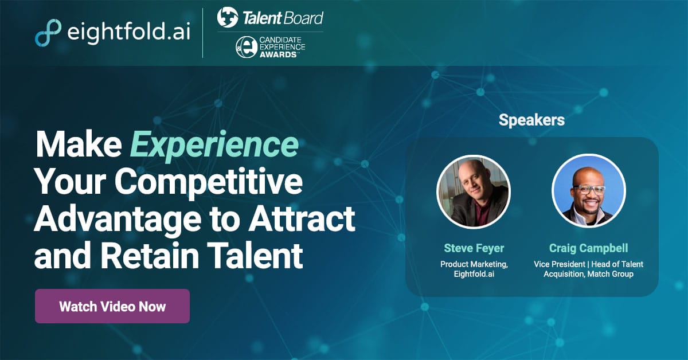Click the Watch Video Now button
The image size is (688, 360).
pos(112,306)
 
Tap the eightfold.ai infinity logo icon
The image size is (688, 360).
pos(48,33)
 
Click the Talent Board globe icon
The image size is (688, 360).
pos(228,17)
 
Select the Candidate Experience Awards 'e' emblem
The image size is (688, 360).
pos(247,47)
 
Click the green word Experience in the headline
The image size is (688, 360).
pos(214,145)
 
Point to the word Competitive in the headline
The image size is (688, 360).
pos(209,182)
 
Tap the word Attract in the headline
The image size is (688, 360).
pos(302,219)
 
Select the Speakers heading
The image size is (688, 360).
pos(531,120)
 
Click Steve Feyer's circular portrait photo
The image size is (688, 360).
pos(474,191)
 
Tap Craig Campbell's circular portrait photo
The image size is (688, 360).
pos(589,191)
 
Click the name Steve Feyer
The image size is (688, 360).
pos(474,248)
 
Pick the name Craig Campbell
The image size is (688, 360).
pos(588,248)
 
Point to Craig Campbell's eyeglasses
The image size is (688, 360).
pos(588,190)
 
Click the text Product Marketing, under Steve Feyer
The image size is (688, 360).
pos(474,264)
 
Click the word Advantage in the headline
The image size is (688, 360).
pos(118,220)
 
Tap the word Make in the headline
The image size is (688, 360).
pos(79,144)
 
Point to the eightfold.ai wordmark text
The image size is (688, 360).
pos(128,32)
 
